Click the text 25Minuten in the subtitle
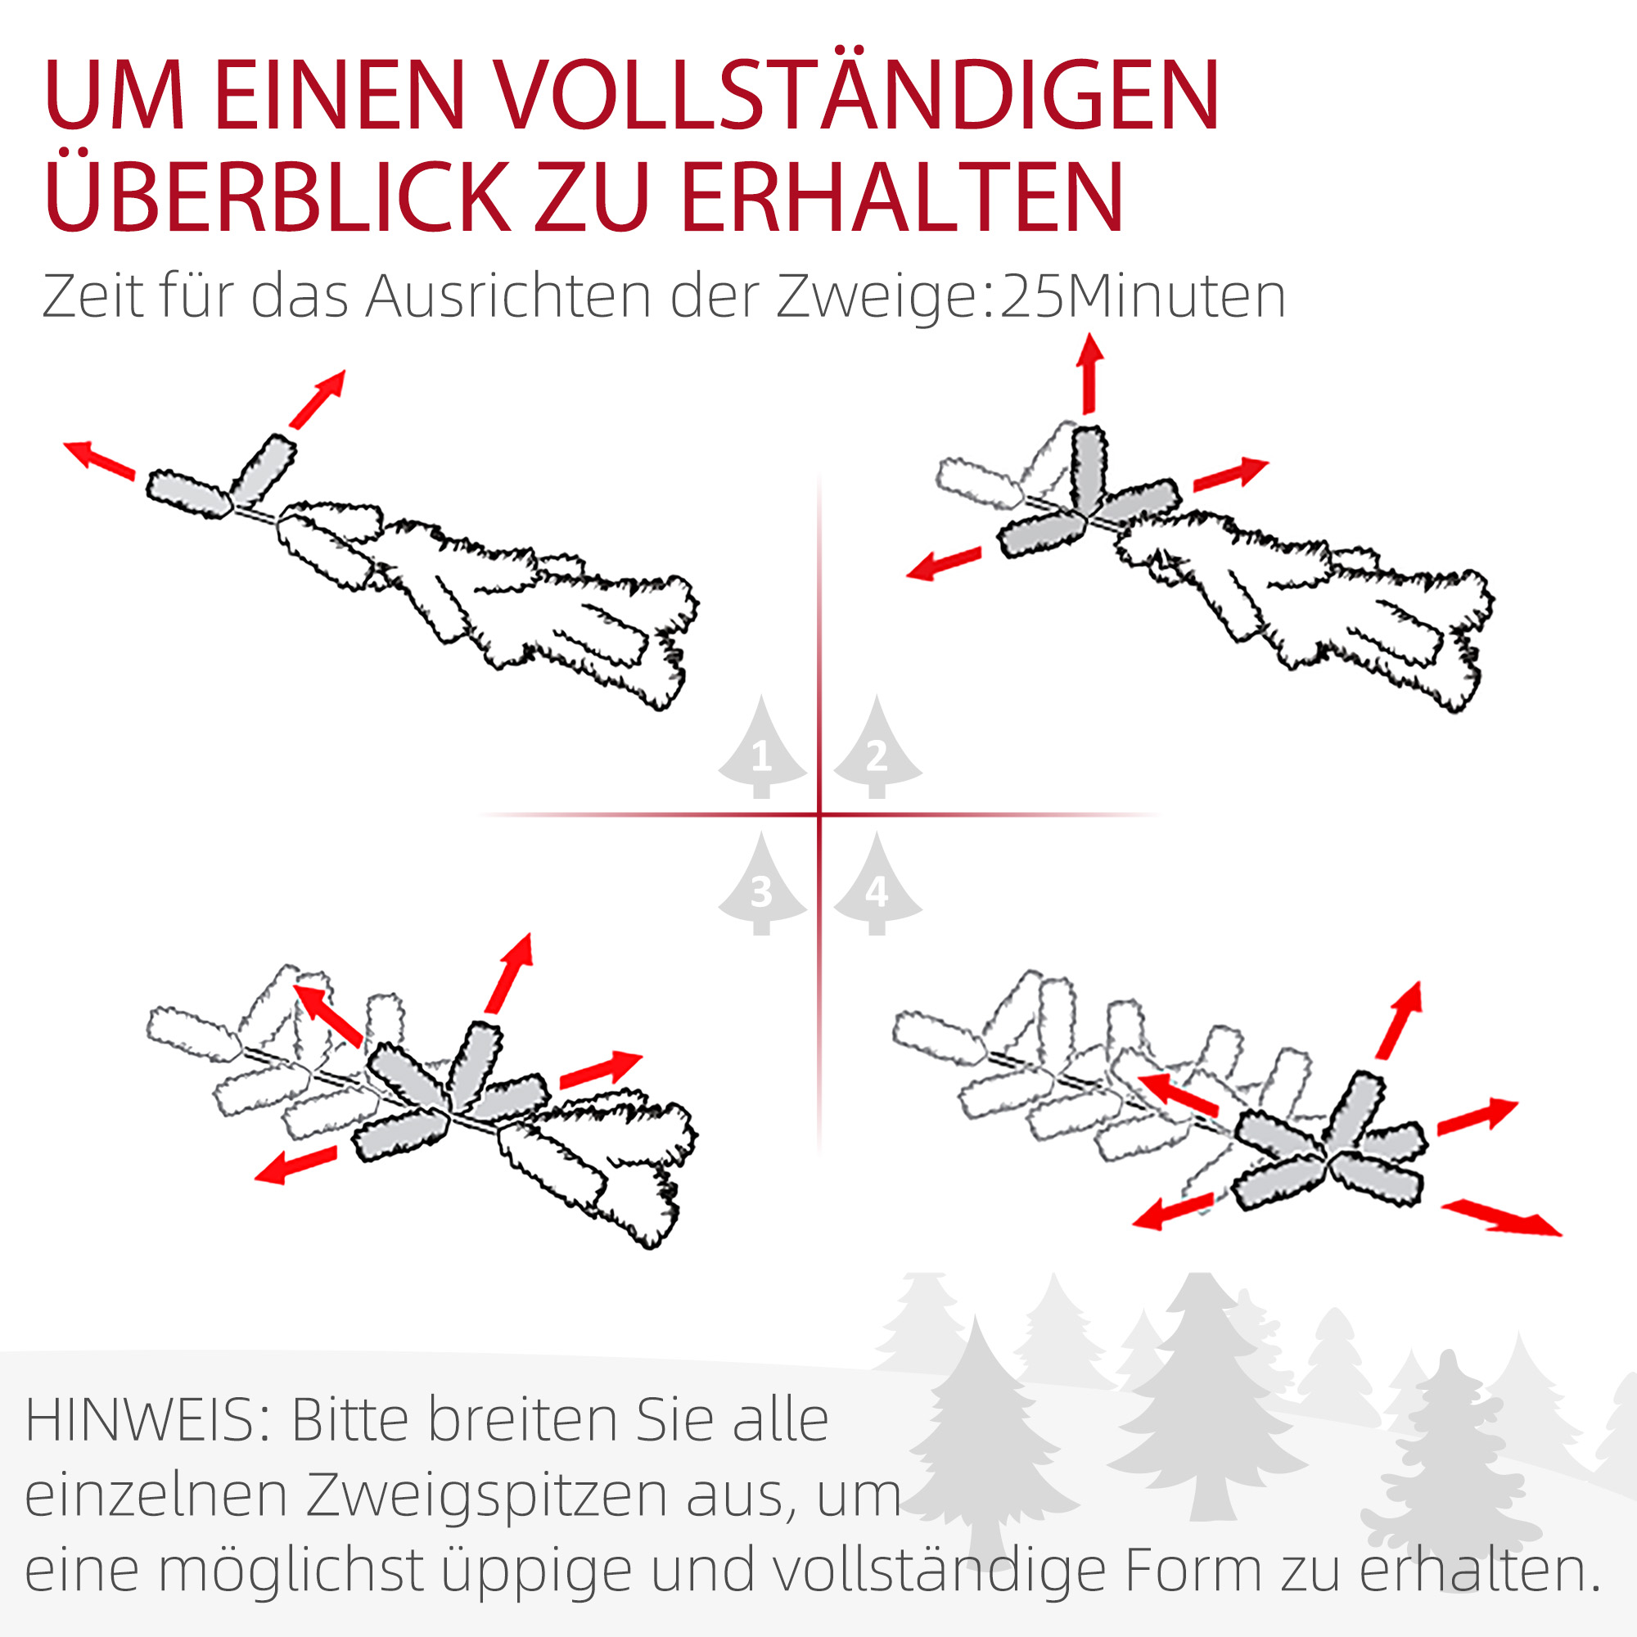coord(1143,296)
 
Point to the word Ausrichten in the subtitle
coord(508,296)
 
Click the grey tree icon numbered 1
coord(761,751)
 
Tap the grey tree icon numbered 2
coord(877,751)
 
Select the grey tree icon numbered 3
coord(761,886)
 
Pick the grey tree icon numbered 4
coord(877,886)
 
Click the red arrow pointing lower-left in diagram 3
coord(295,1165)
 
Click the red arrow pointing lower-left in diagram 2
coord(944,563)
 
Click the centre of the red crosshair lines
coord(819,815)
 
